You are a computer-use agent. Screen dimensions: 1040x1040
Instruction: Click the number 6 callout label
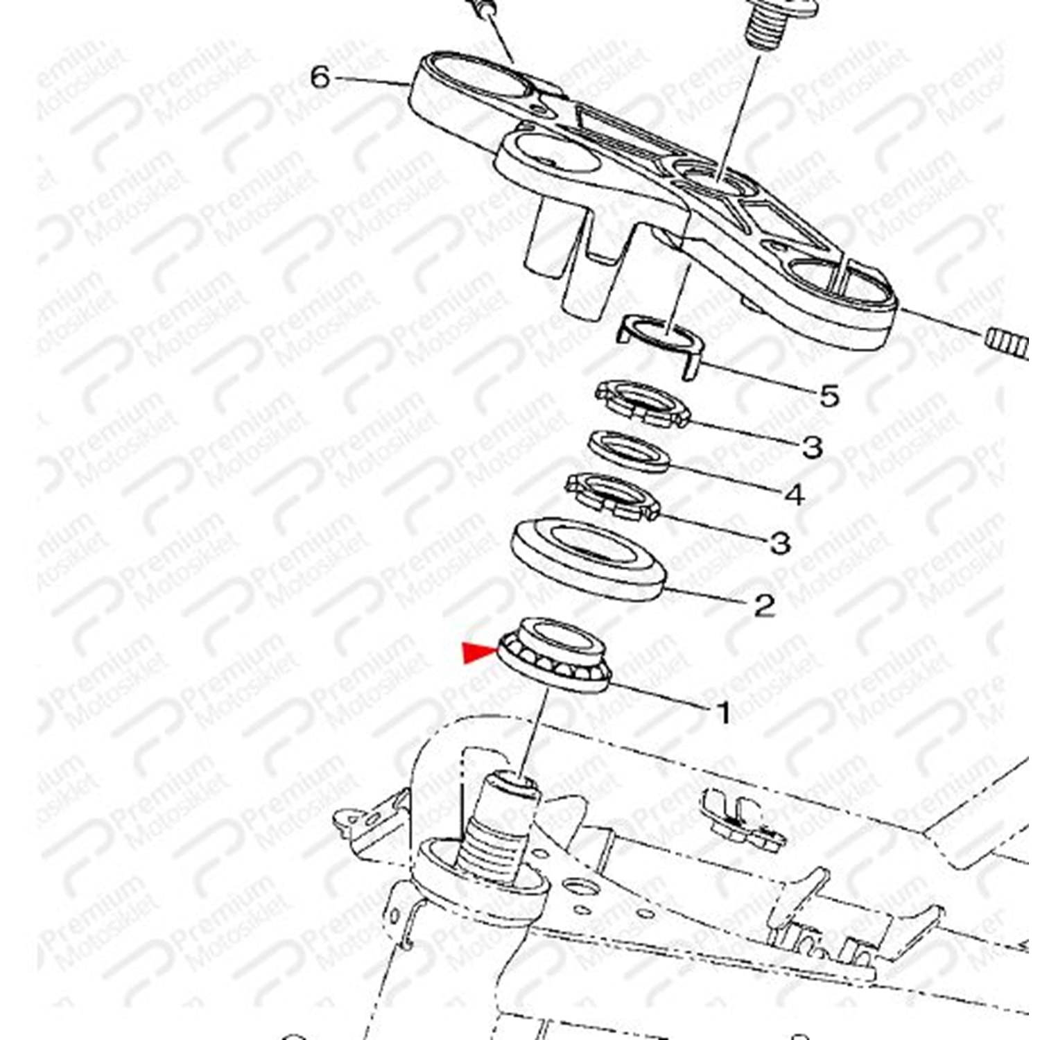tap(320, 77)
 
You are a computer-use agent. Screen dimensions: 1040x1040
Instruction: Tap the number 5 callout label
tap(829, 396)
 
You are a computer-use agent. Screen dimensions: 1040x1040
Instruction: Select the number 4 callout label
tap(795, 494)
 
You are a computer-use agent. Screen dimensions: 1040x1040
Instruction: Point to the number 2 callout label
tap(763, 606)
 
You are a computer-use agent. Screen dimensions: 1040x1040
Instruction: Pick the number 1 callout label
tap(722, 712)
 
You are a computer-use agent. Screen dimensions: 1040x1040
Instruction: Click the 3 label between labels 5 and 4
tap(812, 447)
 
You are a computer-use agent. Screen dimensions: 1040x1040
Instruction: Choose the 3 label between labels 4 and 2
tap(781, 542)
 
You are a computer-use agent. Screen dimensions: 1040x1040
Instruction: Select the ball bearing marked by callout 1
tap(555, 654)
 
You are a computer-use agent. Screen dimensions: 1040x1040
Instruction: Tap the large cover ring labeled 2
tap(588, 558)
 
